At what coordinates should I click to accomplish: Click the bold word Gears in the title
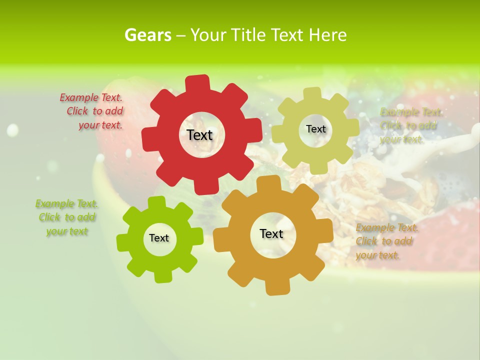tap(147, 35)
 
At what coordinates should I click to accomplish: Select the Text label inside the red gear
tap(199, 135)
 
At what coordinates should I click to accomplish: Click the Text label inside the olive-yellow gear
tap(315, 129)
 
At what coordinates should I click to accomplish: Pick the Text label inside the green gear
tap(159, 238)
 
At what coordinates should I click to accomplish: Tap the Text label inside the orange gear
tap(271, 233)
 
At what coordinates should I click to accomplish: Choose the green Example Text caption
tap(66, 217)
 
